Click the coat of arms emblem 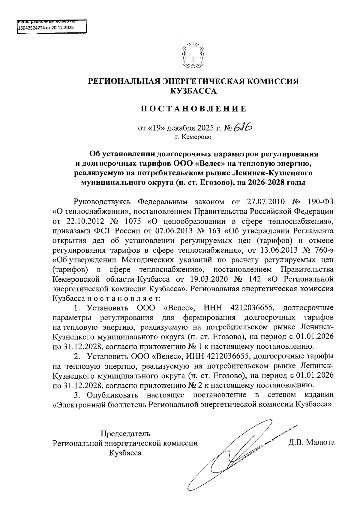tap(193, 56)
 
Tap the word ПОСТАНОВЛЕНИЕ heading tap(193, 108)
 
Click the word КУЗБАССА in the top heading tap(193, 91)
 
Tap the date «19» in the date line tap(156, 129)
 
